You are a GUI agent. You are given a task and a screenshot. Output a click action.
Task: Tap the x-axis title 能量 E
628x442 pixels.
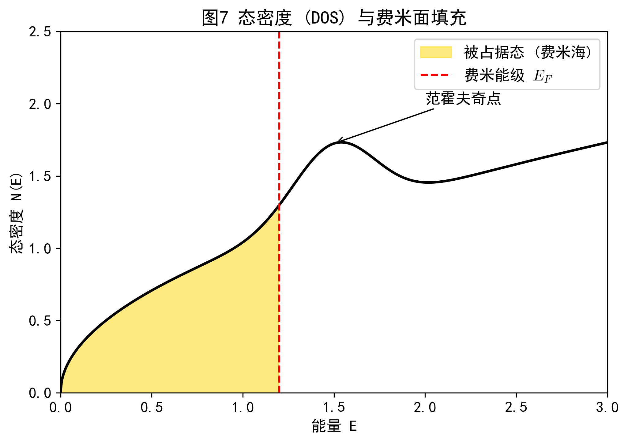coord(334,426)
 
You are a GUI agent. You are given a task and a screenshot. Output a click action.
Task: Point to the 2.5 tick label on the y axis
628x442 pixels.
coord(40,32)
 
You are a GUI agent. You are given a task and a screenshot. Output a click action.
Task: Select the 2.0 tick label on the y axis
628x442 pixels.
coord(40,104)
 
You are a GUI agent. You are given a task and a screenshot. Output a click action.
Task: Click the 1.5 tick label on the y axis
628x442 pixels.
coord(40,176)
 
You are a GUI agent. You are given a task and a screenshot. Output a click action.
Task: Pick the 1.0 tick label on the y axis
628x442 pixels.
coord(40,249)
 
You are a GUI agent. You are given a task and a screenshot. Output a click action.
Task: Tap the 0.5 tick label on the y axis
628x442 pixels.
coord(40,321)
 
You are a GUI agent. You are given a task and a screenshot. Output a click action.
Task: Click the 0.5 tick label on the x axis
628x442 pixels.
coord(152,407)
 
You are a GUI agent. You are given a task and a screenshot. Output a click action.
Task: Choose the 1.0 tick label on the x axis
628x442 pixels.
coord(243,407)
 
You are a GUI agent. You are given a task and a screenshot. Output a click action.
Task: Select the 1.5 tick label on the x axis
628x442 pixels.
coord(334,407)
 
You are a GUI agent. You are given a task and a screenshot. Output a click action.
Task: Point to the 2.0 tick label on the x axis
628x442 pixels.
coord(425,407)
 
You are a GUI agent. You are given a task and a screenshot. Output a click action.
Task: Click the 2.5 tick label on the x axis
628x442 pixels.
coord(516,407)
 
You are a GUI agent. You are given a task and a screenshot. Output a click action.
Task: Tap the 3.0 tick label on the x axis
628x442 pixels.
coord(607,407)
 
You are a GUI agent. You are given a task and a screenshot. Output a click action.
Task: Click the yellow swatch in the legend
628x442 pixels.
coord(436,52)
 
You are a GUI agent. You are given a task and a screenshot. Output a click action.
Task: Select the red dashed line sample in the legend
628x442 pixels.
coord(436,75)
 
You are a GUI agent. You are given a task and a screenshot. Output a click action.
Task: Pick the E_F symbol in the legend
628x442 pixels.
coord(542,76)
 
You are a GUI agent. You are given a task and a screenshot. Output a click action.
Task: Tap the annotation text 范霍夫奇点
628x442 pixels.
coord(463,98)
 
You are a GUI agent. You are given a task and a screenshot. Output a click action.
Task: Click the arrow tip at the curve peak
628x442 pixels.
coord(338,142)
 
